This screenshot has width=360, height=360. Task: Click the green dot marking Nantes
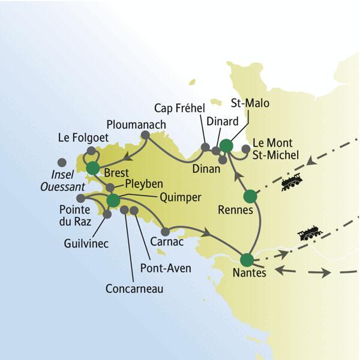tap(247, 260)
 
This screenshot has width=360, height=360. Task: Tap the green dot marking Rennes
tap(250, 196)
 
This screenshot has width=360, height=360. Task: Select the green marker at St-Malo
tap(226, 145)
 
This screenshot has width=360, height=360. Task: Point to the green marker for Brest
tap(92, 168)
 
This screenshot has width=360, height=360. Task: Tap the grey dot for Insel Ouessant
tap(62, 162)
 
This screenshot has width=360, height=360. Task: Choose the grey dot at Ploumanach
tap(145, 136)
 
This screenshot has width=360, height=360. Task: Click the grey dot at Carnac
tap(166, 232)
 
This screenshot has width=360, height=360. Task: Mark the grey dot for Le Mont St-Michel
tap(245, 149)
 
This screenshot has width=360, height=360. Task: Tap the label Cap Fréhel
tap(179, 109)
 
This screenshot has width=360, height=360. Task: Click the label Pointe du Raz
tap(76, 217)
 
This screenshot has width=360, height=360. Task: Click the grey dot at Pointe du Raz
tap(80, 199)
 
